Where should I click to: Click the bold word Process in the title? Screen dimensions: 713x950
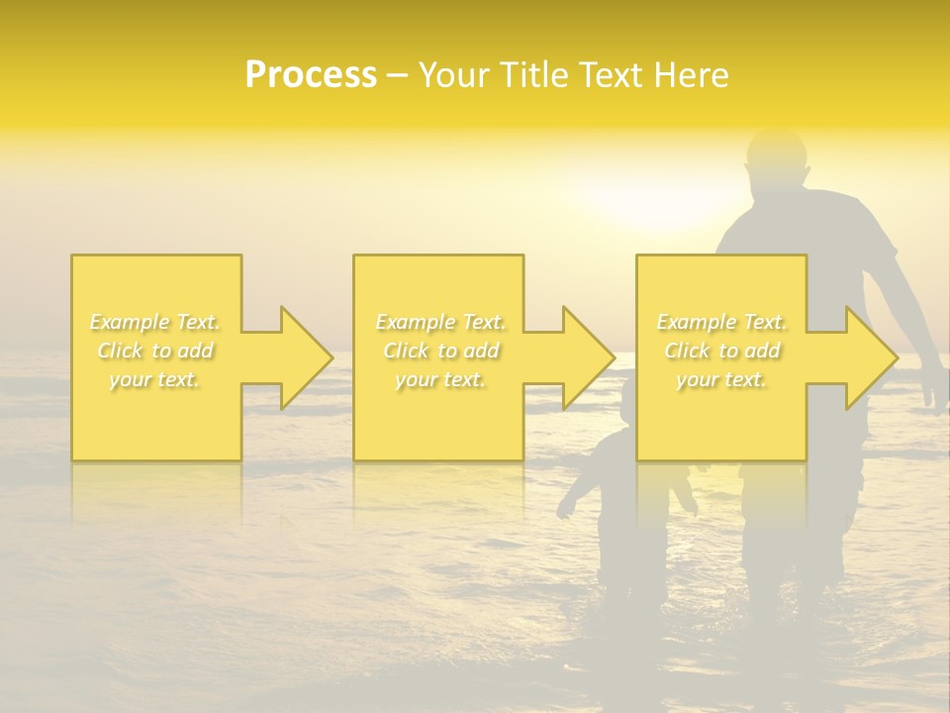(x=311, y=75)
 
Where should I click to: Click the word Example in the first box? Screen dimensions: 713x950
(x=130, y=322)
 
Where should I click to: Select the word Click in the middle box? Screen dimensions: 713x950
(x=404, y=351)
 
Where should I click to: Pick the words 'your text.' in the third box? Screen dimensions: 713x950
(x=721, y=379)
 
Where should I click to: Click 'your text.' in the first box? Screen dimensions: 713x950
(x=155, y=379)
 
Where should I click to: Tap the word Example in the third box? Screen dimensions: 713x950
(x=697, y=322)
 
